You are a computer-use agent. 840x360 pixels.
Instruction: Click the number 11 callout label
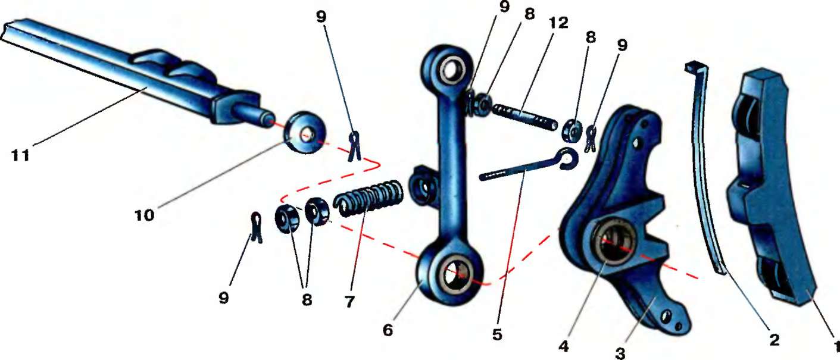[x=22, y=156]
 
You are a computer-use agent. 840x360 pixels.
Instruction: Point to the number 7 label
[x=349, y=301]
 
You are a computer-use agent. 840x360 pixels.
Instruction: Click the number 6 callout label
[x=388, y=330]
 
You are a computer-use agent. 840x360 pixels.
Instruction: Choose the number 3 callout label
[x=621, y=352]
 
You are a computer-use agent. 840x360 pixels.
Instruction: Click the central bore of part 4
[x=617, y=243]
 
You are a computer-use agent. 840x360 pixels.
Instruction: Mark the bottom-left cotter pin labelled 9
[x=257, y=227]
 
